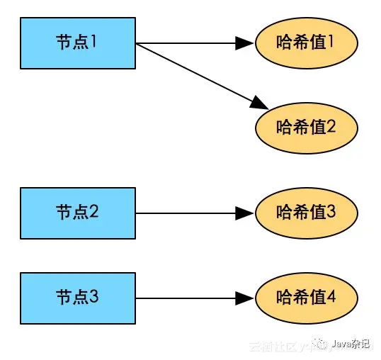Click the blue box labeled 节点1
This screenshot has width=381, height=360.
point(77,43)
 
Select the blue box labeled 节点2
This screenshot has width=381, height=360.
point(77,213)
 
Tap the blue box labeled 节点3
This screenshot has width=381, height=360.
point(77,298)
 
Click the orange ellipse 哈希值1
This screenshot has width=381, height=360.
point(306,43)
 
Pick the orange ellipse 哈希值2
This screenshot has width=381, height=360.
point(306,128)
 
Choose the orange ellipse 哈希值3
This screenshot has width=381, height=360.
point(306,213)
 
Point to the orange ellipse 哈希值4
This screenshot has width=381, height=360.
point(306,298)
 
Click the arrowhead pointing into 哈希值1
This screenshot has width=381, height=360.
point(245,43)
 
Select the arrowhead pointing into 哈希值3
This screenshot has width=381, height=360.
point(245,213)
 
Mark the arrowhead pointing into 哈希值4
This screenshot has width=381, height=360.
point(245,298)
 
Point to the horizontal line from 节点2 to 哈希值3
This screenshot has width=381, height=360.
point(184,213)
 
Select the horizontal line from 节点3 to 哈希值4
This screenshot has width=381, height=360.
point(184,298)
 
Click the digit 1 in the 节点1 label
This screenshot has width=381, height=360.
point(93,42)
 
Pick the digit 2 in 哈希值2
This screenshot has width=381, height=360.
point(330,127)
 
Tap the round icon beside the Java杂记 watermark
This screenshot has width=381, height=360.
point(322,344)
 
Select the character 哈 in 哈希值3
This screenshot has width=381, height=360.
point(285,212)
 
